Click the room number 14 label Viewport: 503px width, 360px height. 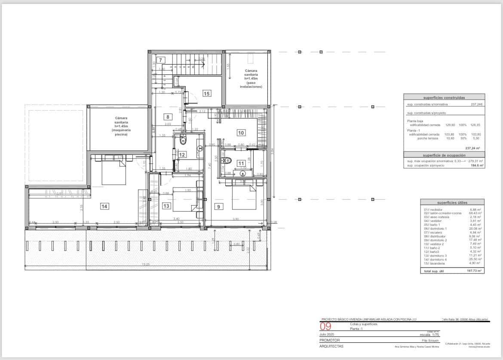point(104,206)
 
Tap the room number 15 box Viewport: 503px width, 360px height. point(207,93)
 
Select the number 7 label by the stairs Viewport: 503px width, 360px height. point(160,60)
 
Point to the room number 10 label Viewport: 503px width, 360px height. point(241,132)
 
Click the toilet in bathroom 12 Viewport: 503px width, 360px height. point(182,140)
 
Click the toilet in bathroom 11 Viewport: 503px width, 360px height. point(228,161)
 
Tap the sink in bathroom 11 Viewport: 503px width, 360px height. point(243,173)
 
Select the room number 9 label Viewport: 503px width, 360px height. point(218,206)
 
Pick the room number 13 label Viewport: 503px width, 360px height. point(166,206)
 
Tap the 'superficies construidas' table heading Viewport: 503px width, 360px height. point(444,98)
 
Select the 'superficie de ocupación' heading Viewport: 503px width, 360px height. point(444,155)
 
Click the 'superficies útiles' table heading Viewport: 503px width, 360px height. point(452,202)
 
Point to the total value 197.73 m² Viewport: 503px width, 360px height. point(474,271)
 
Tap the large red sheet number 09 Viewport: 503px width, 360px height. point(325,326)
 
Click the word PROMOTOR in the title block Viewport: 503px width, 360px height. point(330,340)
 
